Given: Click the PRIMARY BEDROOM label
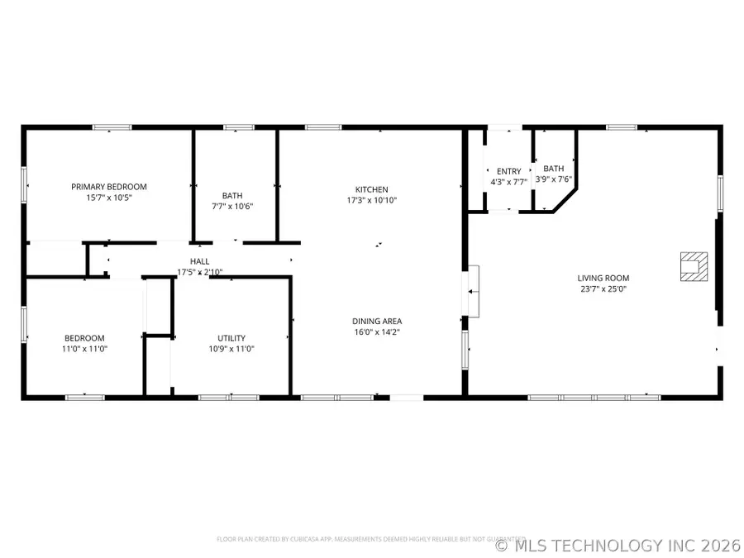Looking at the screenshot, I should tap(108, 187).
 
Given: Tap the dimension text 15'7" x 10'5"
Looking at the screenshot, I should tap(108, 198).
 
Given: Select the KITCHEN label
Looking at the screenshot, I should tap(371, 189).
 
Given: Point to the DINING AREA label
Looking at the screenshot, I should tap(377, 321).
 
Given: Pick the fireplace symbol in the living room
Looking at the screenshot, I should tap(692, 266).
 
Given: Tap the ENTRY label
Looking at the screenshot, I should tap(508, 171).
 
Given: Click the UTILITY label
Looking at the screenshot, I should tap(231, 338).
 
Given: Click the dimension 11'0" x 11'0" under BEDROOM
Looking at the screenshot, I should tap(86, 349).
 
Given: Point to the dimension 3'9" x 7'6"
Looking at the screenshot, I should tap(554, 179).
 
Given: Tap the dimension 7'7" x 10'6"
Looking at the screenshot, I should tap(231, 207).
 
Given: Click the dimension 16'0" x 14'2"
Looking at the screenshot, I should tap(377, 332).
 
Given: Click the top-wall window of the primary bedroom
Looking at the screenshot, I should tap(112, 127).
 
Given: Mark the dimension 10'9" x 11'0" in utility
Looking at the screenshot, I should tap(231, 349).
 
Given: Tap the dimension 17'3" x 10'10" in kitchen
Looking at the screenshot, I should tap(371, 200).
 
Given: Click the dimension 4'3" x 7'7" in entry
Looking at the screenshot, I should tap(508, 182).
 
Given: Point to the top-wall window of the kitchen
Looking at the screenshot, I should tap(323, 127).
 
